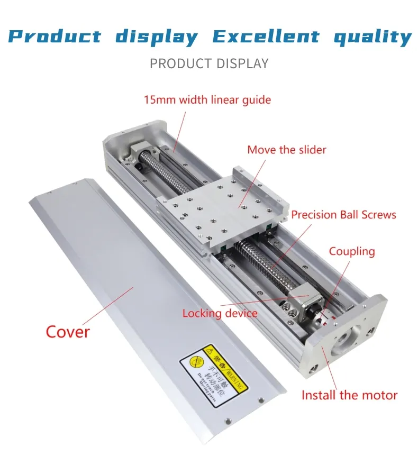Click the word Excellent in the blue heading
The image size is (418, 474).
(x=266, y=37)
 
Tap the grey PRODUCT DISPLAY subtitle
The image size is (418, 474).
(x=209, y=64)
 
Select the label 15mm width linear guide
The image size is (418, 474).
(x=207, y=99)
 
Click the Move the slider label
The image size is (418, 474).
(x=287, y=150)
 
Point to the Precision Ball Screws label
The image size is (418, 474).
(x=343, y=214)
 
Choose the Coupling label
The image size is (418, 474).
(x=352, y=251)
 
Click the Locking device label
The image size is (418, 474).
(x=220, y=313)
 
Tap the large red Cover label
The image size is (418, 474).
(x=68, y=332)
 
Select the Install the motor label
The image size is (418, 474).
(x=349, y=395)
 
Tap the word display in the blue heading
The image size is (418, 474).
(x=157, y=37)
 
